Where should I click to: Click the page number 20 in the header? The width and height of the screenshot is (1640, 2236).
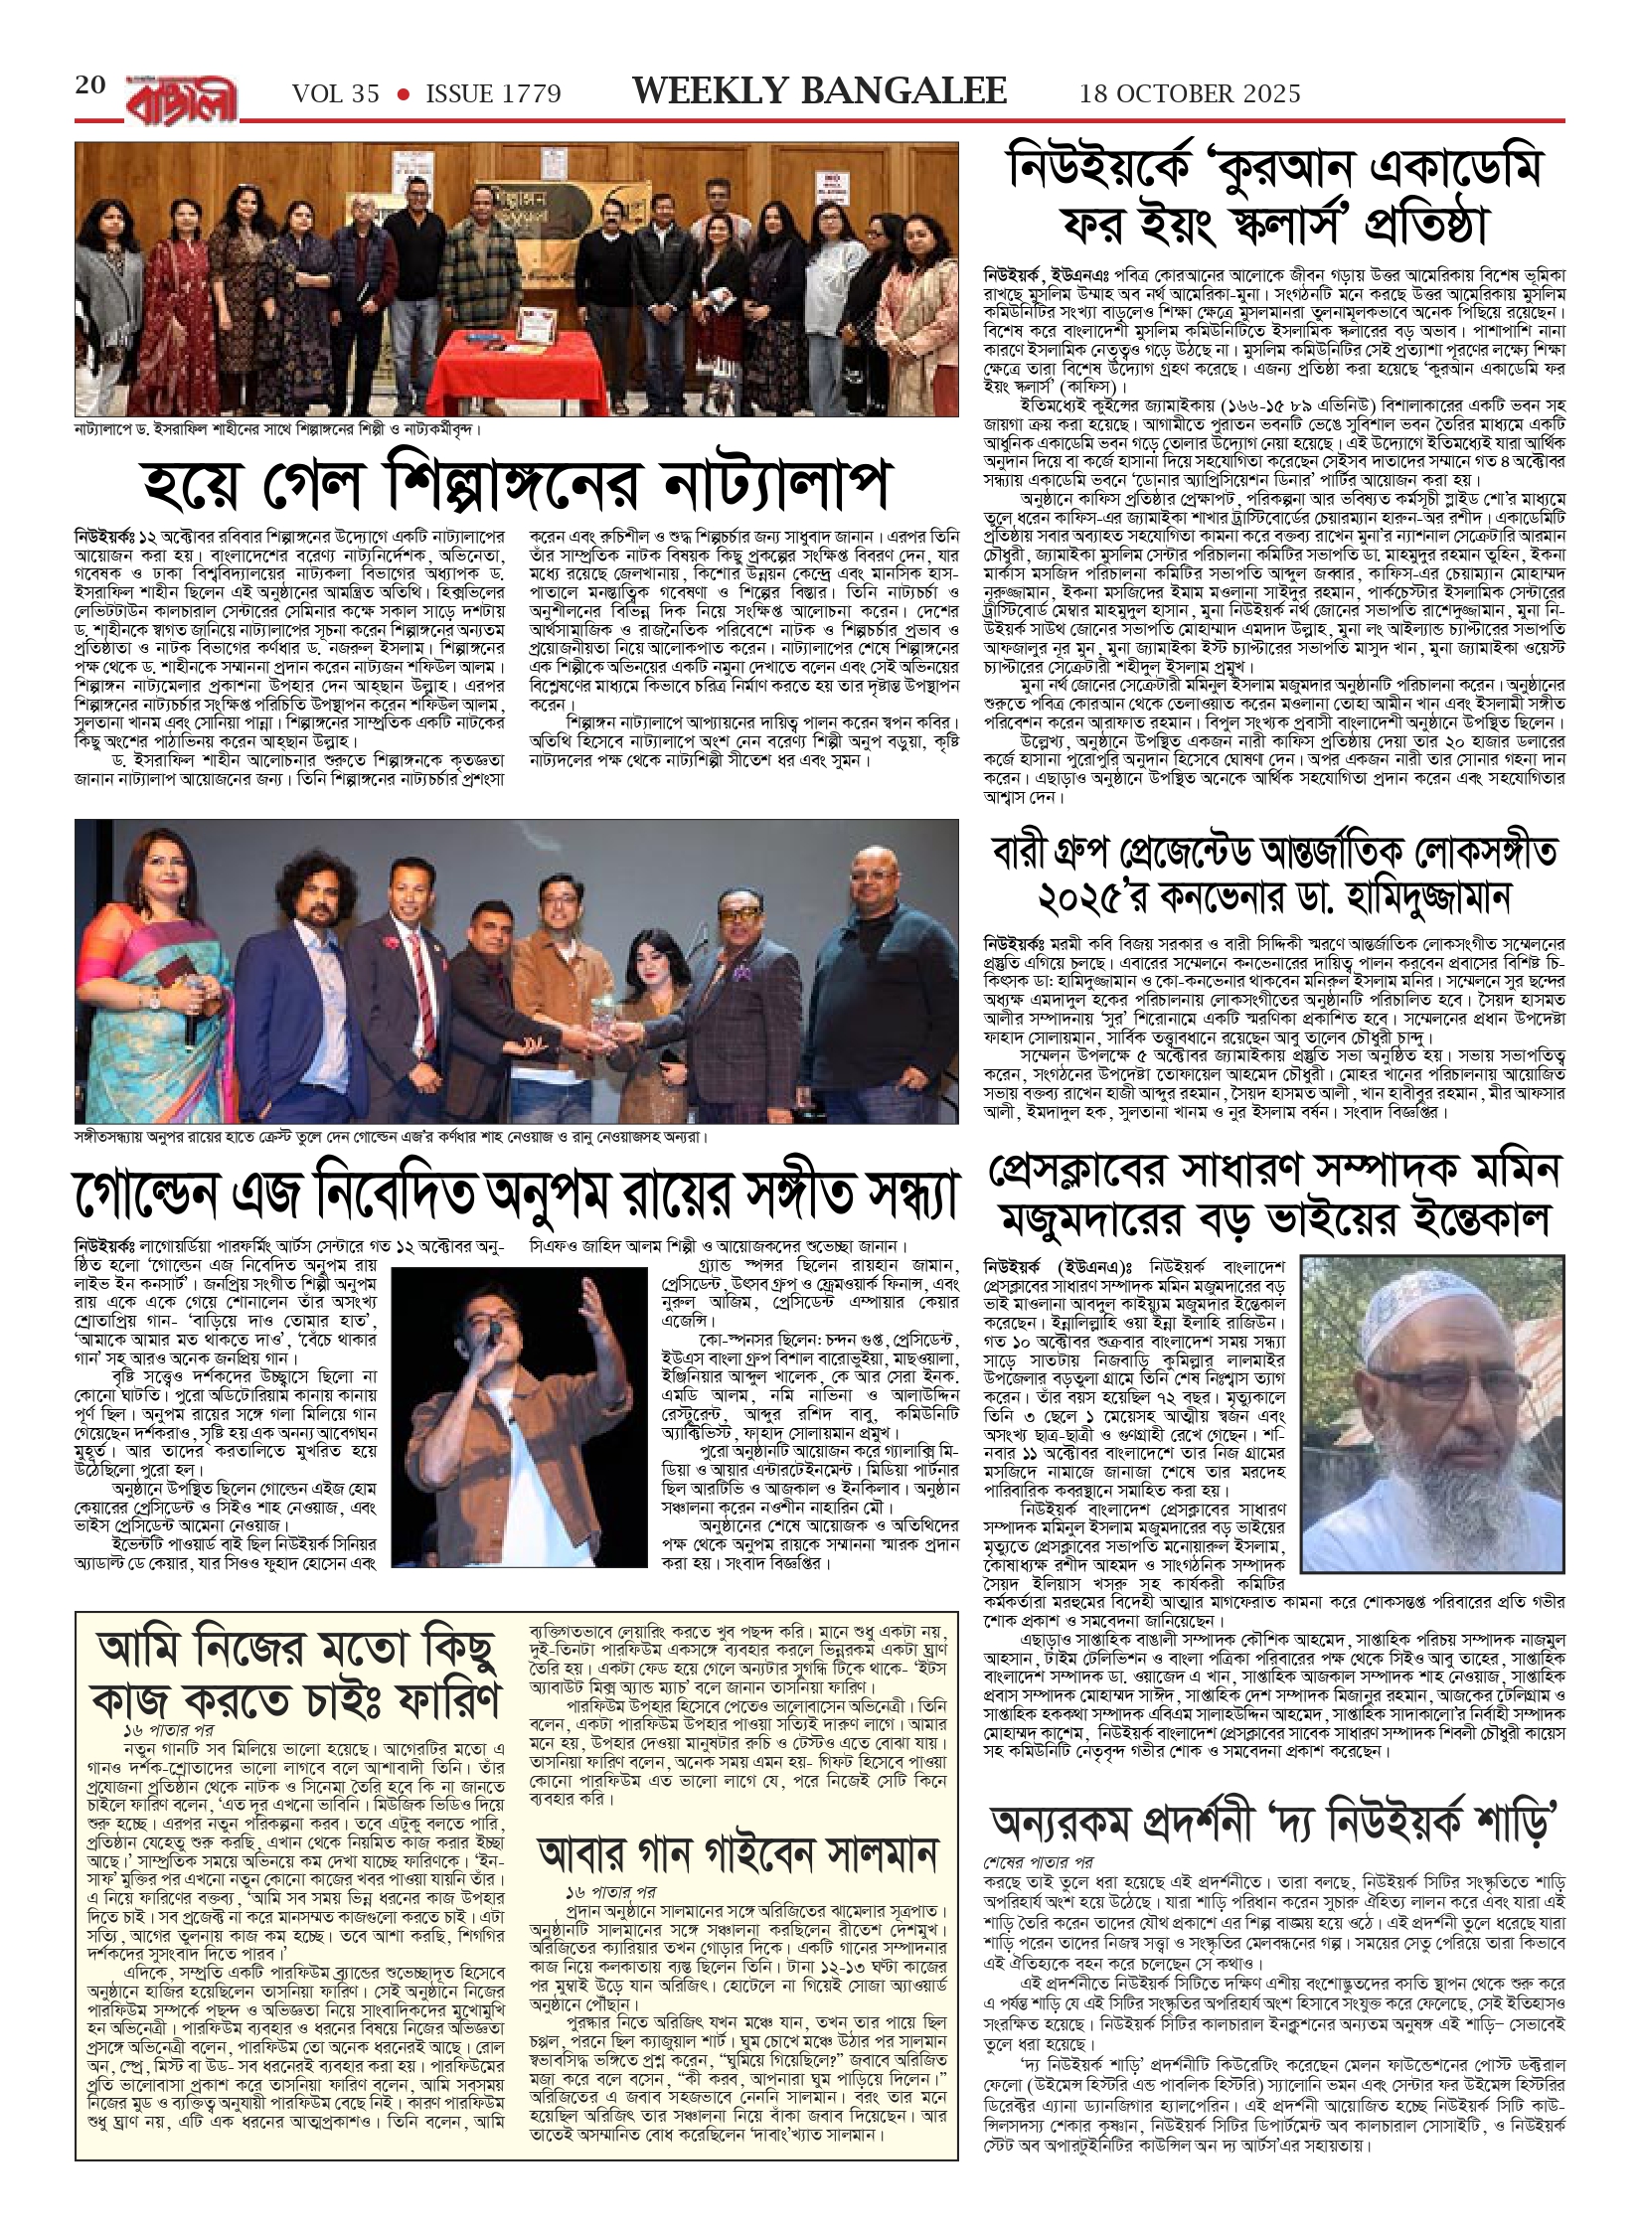pyautogui.click(x=90, y=85)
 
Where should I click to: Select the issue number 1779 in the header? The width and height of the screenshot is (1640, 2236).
pyautogui.click(x=527, y=94)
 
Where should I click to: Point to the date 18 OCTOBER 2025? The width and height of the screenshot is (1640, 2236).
pyautogui.click(x=1190, y=94)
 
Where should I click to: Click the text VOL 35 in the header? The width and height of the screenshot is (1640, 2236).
pyautogui.click(x=336, y=94)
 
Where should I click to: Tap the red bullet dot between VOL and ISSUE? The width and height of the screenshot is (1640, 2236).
pyautogui.click(x=403, y=95)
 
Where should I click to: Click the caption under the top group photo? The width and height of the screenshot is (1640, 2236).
pyautogui.click(x=277, y=430)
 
